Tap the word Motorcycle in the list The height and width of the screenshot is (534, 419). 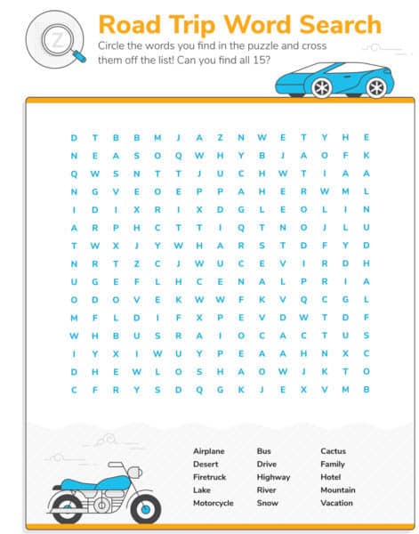pos(214,503)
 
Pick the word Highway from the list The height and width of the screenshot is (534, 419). pos(273,477)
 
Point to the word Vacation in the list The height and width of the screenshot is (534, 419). pos(337,503)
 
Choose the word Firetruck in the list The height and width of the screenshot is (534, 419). pos(209,477)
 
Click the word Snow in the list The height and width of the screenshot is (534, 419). pos(266,503)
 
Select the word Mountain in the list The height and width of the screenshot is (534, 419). pos(338,489)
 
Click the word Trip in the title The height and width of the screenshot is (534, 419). pos(197,24)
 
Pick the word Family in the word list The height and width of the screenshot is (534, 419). pos(333,464)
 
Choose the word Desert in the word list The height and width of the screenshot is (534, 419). pos(205,464)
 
